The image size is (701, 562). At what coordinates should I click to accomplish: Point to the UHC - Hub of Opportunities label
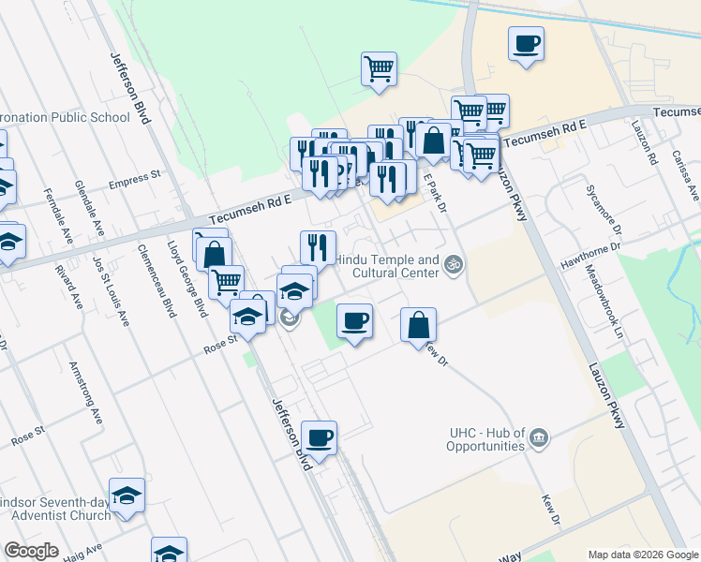[472, 440]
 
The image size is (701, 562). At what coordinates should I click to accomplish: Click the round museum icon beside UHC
[538, 437]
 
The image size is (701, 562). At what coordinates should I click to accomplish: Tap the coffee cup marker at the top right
[526, 44]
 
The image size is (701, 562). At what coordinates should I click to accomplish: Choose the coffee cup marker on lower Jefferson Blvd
[319, 438]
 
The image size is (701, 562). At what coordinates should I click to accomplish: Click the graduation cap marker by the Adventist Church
[127, 495]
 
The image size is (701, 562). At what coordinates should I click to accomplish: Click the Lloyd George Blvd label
[186, 278]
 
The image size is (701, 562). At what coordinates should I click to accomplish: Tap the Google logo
[32, 551]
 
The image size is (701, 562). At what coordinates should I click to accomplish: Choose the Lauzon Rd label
[644, 143]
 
